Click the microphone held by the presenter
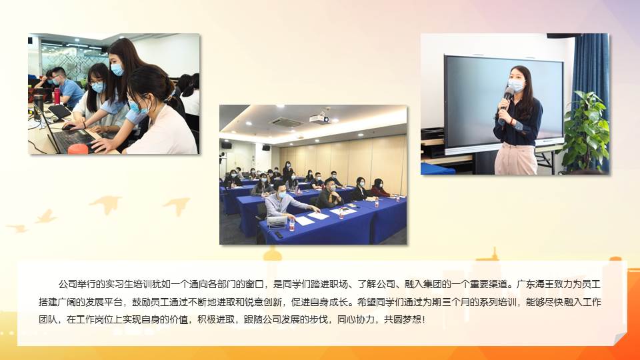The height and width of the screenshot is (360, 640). [x=507, y=98]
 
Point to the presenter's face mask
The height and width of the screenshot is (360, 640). [x=515, y=85]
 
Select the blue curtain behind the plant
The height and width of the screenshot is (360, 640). [x=591, y=81]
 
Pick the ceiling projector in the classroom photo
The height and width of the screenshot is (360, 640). [x=319, y=119]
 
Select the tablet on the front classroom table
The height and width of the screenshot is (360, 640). [x=276, y=221]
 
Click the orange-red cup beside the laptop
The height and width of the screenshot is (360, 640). [x=78, y=149]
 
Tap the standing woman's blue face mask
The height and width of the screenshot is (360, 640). [x=117, y=70]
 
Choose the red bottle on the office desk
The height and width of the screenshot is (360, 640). [x=57, y=96]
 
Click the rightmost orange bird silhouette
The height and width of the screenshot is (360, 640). [x=177, y=206]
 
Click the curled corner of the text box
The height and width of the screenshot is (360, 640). [x=619, y=339]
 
